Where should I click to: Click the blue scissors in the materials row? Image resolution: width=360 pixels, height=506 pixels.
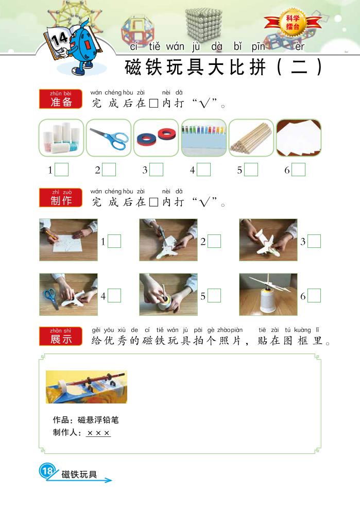(x=109, y=138)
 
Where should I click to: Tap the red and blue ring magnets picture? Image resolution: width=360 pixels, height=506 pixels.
(x=156, y=138)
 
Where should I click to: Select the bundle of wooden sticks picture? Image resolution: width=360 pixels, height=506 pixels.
(x=251, y=138)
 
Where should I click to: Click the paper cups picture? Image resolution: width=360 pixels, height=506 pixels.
(x=61, y=138)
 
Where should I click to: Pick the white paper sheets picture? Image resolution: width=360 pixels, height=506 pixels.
(x=299, y=138)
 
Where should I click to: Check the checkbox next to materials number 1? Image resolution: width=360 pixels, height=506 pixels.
(x=61, y=170)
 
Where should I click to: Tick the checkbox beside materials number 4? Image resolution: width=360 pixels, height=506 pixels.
(x=203, y=170)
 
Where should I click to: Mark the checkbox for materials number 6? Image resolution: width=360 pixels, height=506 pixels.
(x=298, y=170)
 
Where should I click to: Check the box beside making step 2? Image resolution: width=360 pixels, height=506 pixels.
(x=214, y=241)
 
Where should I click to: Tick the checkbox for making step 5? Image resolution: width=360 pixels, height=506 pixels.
(x=214, y=296)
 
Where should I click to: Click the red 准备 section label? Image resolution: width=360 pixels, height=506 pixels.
(x=61, y=99)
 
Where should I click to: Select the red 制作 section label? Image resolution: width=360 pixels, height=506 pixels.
(x=61, y=197)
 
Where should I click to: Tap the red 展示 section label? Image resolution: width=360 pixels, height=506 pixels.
(x=61, y=336)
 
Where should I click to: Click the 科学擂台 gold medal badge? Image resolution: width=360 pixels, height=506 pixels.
(x=293, y=23)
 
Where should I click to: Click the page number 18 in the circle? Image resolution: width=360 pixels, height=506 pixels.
(x=47, y=471)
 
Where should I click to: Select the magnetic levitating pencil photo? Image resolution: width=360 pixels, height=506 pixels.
(x=87, y=387)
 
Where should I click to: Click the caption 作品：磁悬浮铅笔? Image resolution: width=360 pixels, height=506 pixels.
(x=86, y=420)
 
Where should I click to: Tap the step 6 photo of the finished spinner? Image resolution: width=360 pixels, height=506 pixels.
(x=268, y=294)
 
